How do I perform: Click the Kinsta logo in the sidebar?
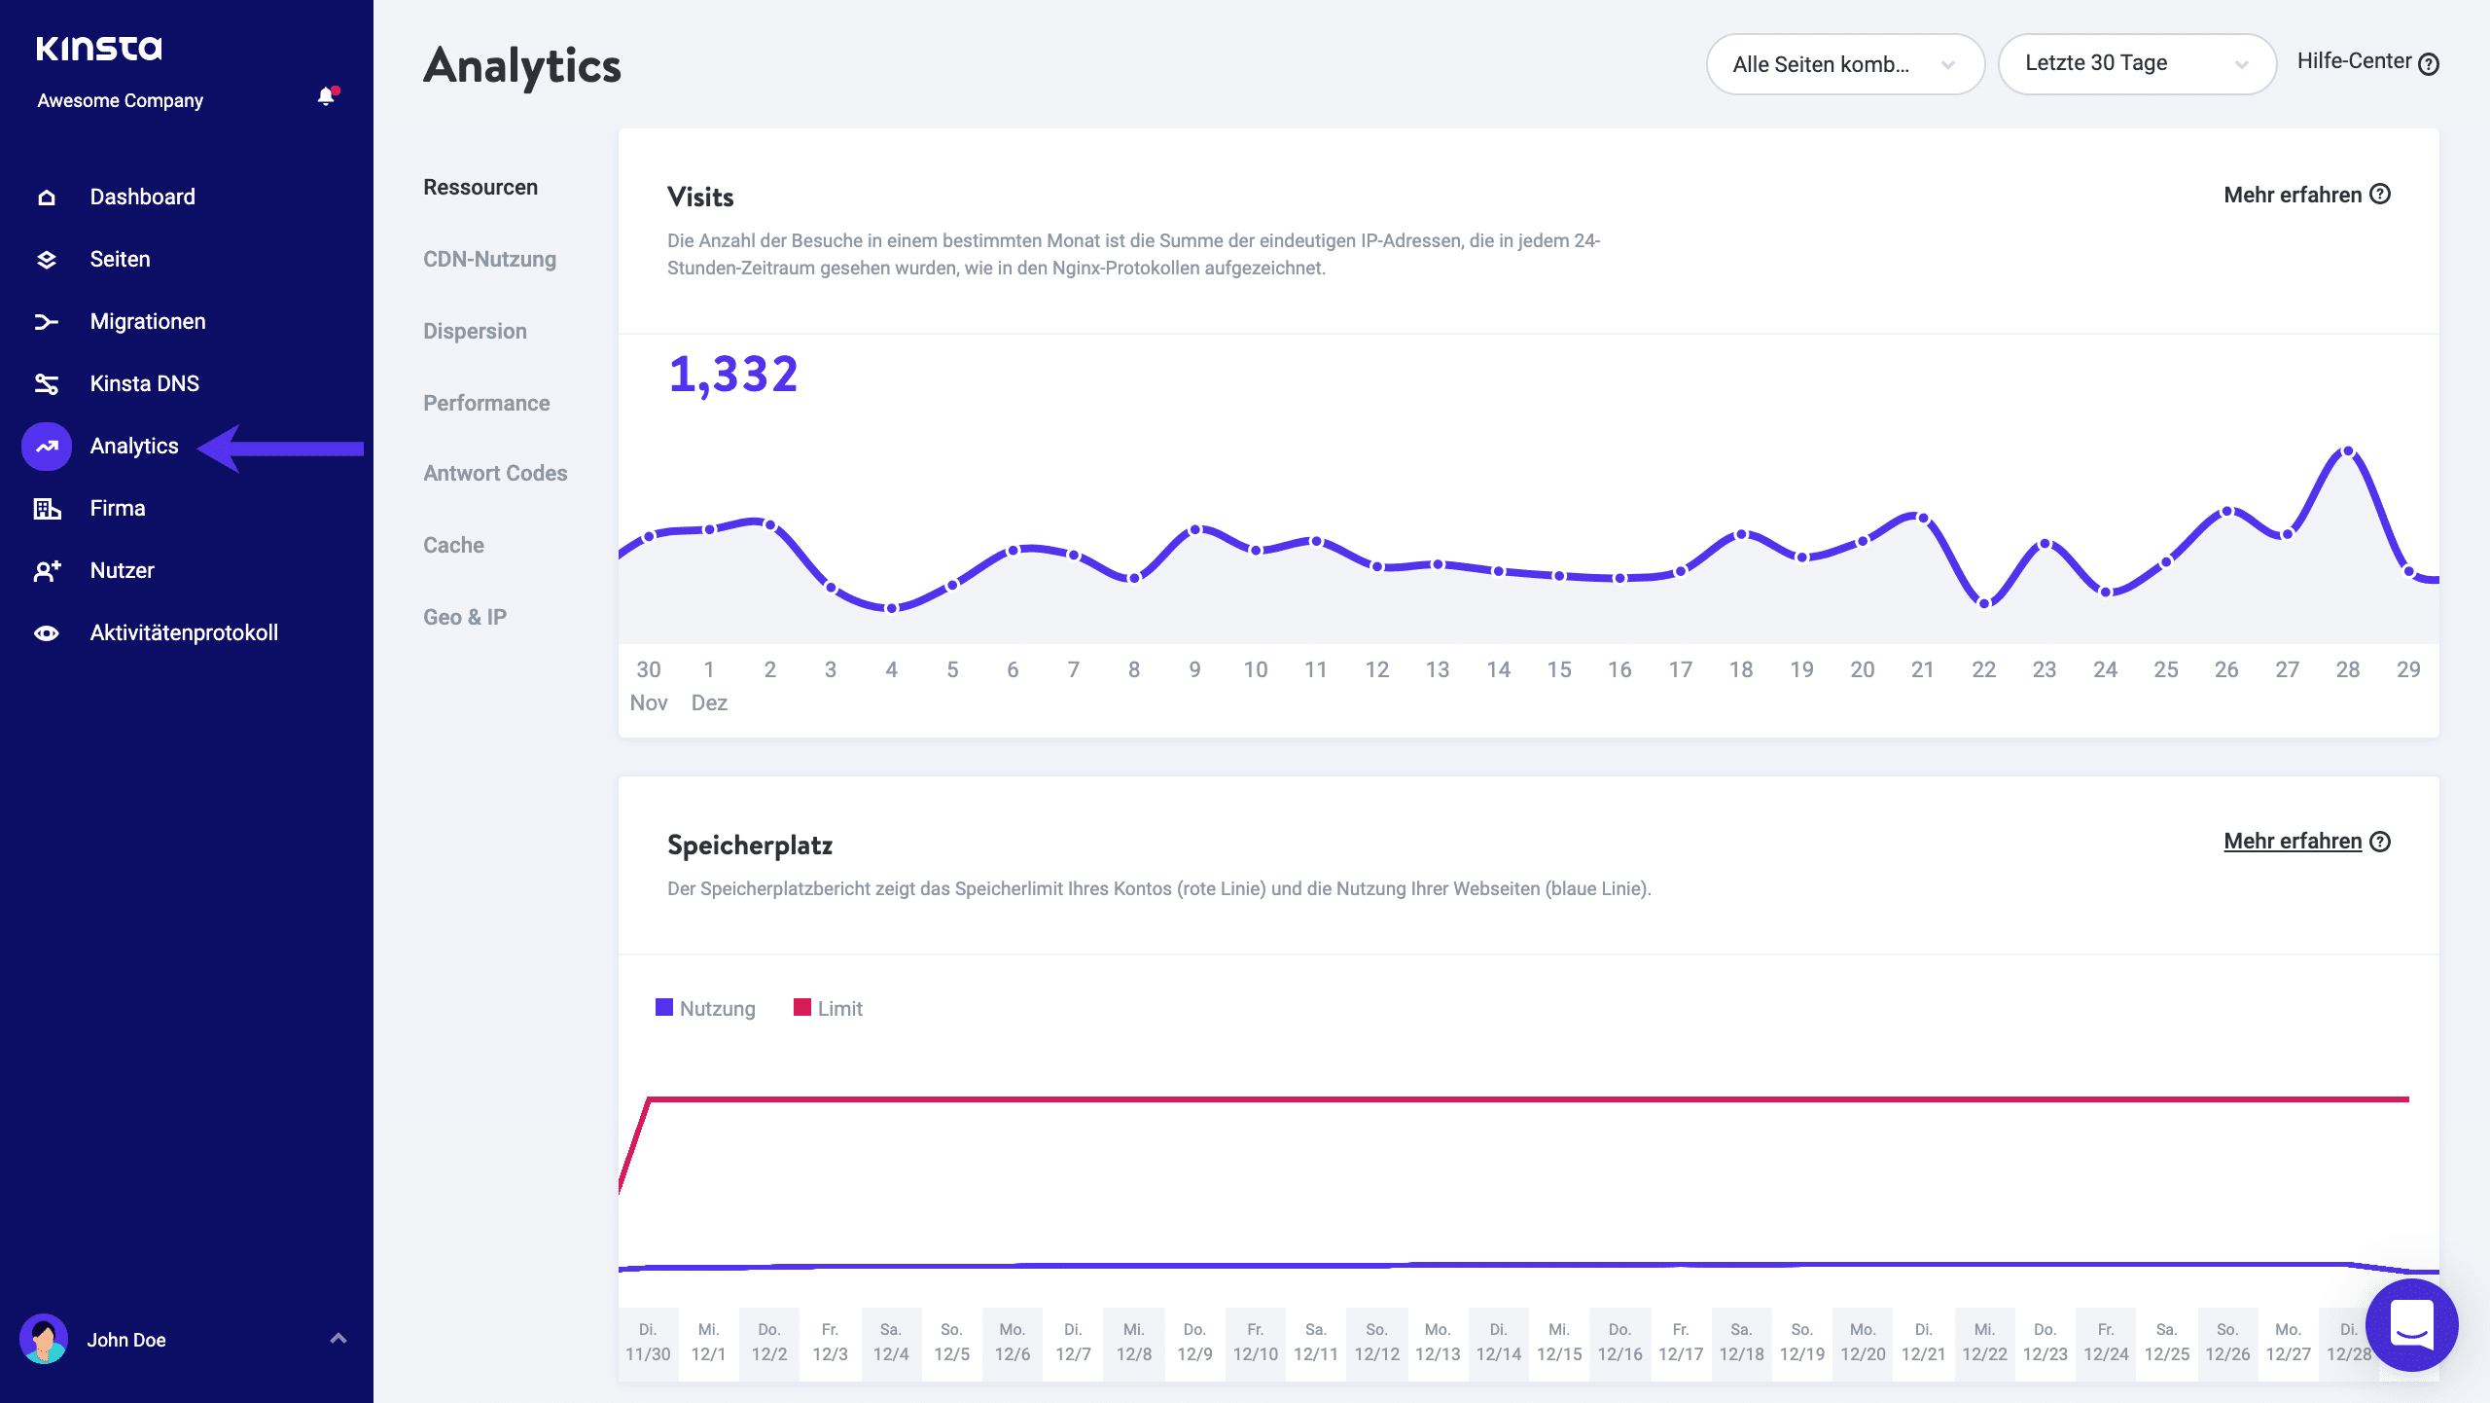99,49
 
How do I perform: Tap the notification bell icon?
327,96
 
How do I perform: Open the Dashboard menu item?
142,197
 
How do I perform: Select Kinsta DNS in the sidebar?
144,383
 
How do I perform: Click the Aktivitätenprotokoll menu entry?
183,632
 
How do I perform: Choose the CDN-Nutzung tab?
489,259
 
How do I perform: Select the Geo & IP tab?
464,617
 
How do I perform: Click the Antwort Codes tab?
494,473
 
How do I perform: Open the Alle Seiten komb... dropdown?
1844,64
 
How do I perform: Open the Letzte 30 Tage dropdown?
2136,64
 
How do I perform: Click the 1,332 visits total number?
733,375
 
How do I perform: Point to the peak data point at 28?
2348,451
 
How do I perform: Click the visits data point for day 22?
1984,603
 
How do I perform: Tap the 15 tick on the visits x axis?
1558,669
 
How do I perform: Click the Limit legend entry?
829,1008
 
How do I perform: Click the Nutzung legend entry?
706,1008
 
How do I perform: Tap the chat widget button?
2411,1324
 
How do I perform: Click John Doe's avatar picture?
44,1339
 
